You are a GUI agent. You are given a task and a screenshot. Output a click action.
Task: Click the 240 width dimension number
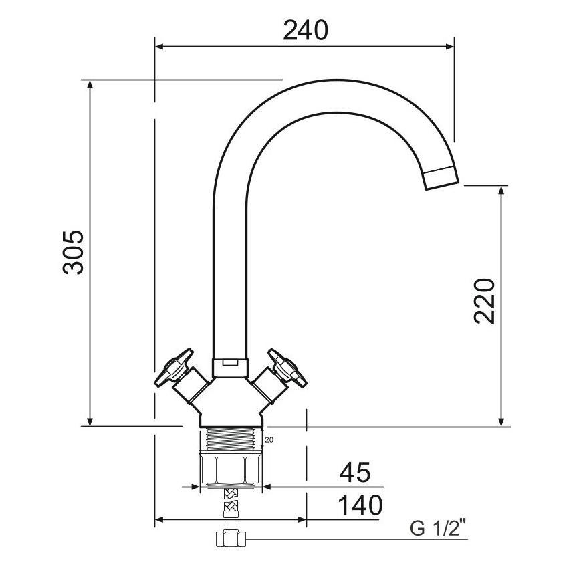[x=306, y=30]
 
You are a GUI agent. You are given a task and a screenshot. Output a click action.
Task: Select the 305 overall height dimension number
[x=74, y=252]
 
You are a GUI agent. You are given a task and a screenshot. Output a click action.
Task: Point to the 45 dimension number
[x=355, y=473]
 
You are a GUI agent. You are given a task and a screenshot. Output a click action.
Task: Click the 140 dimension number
[x=360, y=505]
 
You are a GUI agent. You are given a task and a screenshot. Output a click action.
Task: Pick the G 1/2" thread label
[x=438, y=529]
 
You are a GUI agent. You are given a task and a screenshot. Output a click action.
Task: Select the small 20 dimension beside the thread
[x=269, y=440]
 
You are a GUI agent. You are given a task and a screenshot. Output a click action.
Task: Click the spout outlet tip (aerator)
[x=441, y=177]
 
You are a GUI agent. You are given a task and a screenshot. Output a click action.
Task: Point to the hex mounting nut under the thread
[x=231, y=468]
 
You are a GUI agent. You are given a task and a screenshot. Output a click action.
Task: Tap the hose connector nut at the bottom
[x=230, y=538]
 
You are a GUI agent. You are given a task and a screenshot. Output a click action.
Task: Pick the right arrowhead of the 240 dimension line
[x=450, y=47]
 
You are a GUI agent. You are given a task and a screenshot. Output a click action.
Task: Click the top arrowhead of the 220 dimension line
[x=501, y=190]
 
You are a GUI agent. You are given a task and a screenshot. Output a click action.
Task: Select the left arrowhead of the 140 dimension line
[x=159, y=519]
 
